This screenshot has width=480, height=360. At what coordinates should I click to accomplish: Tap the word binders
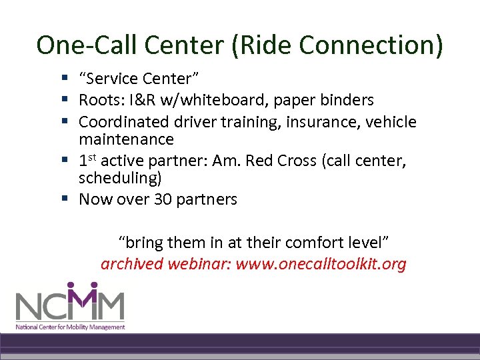[x=346, y=101]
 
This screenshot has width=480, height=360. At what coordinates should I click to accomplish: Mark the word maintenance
[x=126, y=139]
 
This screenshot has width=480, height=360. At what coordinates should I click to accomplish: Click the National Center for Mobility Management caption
[x=71, y=327]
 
